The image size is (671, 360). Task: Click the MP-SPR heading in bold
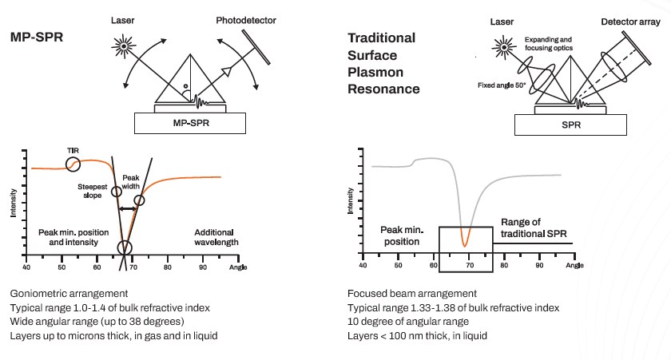(x=37, y=38)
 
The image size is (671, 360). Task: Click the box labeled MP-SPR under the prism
(x=190, y=123)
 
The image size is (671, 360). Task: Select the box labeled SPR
(x=570, y=125)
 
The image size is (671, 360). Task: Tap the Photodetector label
(x=246, y=20)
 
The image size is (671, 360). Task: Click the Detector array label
(x=630, y=22)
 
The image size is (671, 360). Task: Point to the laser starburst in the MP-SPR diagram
(x=124, y=45)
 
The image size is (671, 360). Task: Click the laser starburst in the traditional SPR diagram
(x=504, y=47)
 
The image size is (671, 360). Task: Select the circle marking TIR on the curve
(x=73, y=164)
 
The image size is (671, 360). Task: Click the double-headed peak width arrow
(x=128, y=208)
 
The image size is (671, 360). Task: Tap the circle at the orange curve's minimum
(x=125, y=247)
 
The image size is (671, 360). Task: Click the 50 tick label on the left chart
(x=62, y=267)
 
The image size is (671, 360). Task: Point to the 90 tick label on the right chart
(x=540, y=265)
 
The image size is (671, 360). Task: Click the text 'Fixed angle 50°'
(x=502, y=85)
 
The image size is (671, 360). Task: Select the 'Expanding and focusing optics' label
(x=549, y=44)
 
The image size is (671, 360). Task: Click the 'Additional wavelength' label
(x=216, y=237)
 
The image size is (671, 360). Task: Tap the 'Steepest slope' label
(x=93, y=191)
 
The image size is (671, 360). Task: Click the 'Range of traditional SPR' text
(x=534, y=227)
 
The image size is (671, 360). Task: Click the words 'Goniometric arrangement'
(x=69, y=294)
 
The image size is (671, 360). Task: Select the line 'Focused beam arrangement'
(x=412, y=294)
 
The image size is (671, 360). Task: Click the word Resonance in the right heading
(x=383, y=89)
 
